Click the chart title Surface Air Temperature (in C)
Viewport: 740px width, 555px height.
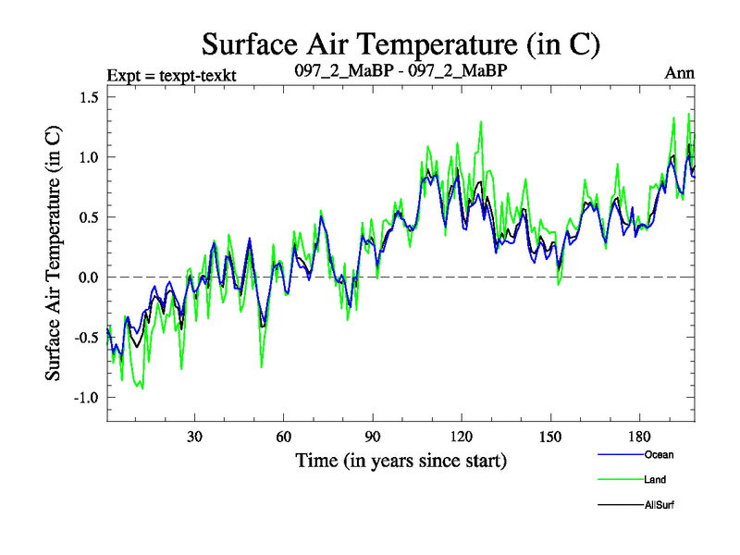(402, 43)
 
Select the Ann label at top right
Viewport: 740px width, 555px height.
(679, 73)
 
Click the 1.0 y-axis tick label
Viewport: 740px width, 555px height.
(91, 157)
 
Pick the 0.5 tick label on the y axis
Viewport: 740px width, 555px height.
(91, 217)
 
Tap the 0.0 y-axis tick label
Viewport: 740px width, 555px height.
(91, 277)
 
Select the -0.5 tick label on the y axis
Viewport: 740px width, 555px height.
(88, 338)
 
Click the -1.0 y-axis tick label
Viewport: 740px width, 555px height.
(88, 398)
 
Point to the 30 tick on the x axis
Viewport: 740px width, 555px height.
(195, 437)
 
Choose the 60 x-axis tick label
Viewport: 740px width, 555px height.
(284, 437)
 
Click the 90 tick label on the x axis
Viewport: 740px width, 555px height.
(373, 437)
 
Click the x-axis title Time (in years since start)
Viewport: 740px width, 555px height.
(401, 460)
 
